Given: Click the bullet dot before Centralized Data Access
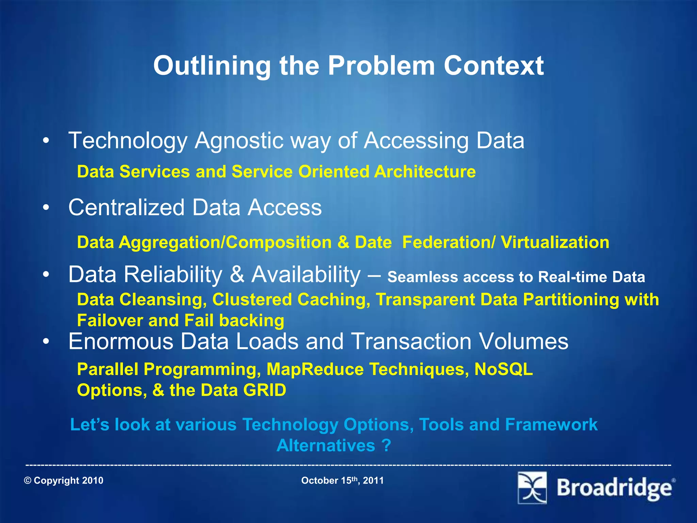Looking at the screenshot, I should (46, 207).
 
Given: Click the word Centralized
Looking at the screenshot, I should (126, 207).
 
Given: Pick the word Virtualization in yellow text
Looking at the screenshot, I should (555, 242).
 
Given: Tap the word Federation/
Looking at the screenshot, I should (449, 242).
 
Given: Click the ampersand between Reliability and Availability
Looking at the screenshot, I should (237, 274).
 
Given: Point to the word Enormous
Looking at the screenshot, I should (121, 341).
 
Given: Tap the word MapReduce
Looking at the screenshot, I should (315, 369).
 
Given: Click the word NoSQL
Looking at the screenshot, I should (503, 369).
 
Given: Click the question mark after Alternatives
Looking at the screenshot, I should (386, 445).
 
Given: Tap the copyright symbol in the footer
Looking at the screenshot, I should (28, 481).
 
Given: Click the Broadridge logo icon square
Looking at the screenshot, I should (532, 488).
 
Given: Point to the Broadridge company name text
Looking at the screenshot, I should (614, 488).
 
